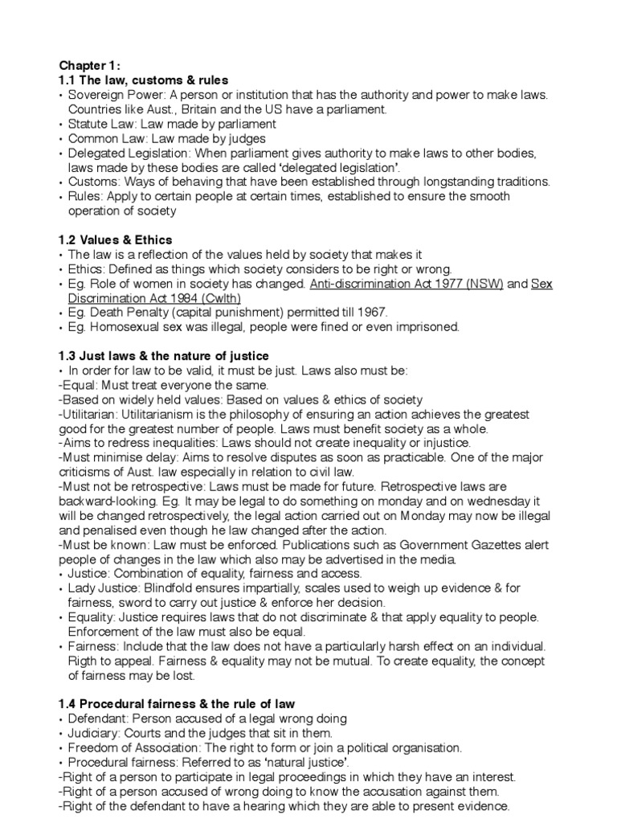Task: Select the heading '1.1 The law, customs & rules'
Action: coord(143,80)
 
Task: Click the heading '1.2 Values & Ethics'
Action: coord(115,240)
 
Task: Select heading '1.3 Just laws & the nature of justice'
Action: coord(163,356)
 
